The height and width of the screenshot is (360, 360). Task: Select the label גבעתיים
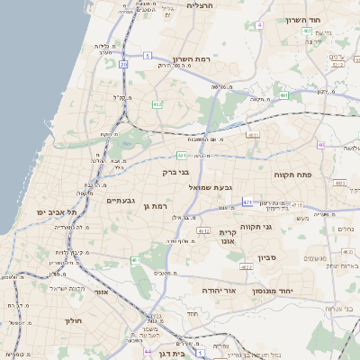coord(120,200)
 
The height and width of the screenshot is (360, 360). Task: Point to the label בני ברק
coord(175,170)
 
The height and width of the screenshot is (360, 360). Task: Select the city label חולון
coord(73,319)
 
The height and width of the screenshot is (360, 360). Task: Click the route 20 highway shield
coord(123,66)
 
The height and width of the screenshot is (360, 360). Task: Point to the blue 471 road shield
coord(247,202)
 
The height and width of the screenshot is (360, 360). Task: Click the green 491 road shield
coord(284,94)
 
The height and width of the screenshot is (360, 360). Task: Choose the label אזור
coord(101,292)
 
